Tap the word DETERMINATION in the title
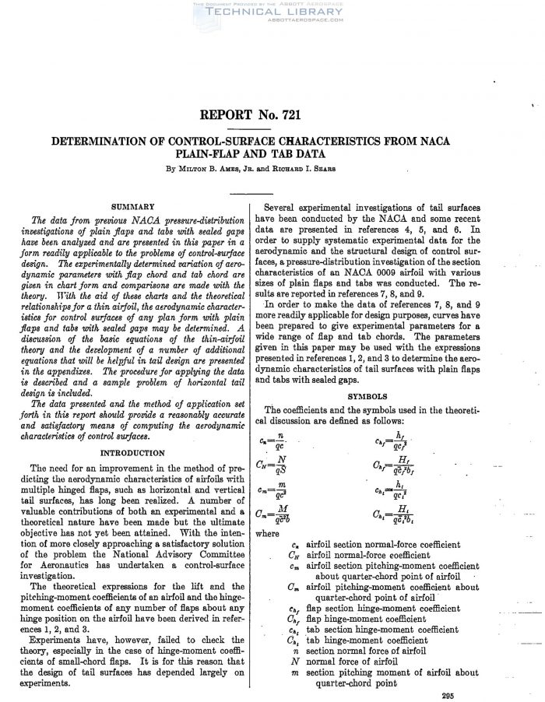click(x=116, y=142)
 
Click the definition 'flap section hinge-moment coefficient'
click(x=382, y=609)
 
